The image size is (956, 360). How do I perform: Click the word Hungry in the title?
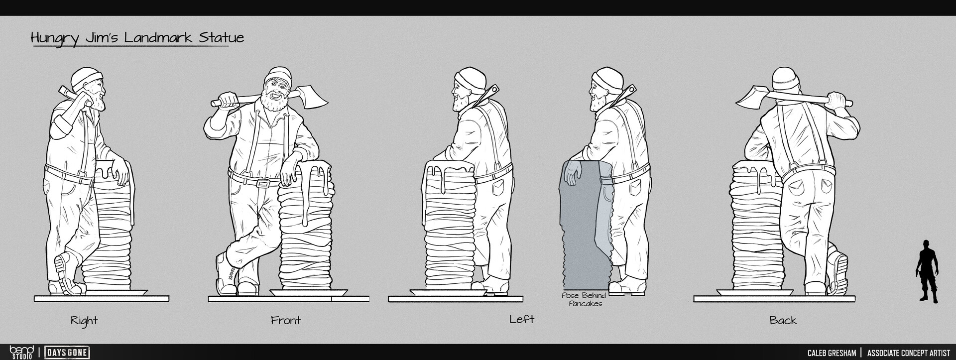pos(55,38)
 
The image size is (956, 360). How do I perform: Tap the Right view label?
pos(84,321)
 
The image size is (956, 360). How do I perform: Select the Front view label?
pos(286,320)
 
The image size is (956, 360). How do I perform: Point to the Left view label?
pos(522,319)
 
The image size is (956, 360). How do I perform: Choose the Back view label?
pos(783,320)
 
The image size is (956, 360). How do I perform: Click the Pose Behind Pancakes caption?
pos(585,299)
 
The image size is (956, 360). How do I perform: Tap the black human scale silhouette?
pos(927,271)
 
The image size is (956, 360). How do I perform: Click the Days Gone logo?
pos(67,353)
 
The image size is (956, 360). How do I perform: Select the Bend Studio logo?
pos(21,352)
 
